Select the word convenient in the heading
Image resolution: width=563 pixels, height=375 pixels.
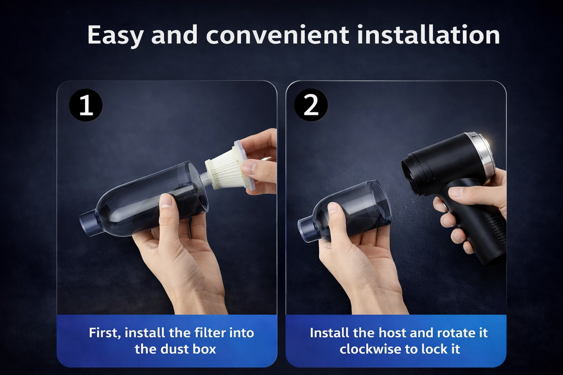coord(277,35)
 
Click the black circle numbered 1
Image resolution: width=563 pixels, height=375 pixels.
coord(86,105)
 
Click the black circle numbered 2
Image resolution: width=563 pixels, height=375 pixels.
coord(311,105)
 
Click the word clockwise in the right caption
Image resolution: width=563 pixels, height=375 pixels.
coord(371,349)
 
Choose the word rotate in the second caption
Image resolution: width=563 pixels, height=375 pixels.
coord(454,333)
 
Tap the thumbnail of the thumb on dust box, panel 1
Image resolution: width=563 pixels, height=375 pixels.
coord(166,201)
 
